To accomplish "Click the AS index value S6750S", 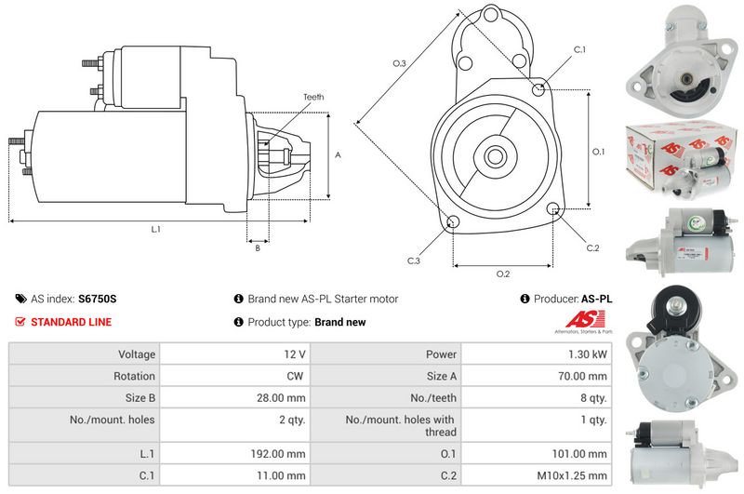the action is (98, 299).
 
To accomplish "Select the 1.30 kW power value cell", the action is (588, 354).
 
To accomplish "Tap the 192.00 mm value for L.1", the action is (278, 454).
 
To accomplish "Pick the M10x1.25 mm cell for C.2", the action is (572, 475).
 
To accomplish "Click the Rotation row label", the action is (134, 376).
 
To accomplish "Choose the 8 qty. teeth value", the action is (593, 397).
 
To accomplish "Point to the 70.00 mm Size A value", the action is (582, 376).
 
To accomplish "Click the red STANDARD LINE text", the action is (72, 322).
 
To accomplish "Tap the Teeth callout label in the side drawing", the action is (313, 97).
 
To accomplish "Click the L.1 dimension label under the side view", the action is (155, 229).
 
